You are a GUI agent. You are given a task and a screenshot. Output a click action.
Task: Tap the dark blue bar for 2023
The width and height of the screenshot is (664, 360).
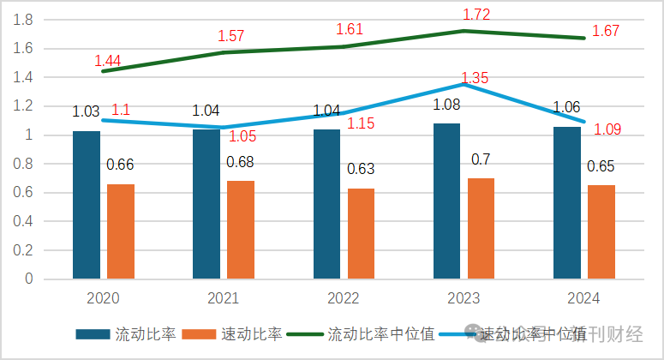pos(446,201)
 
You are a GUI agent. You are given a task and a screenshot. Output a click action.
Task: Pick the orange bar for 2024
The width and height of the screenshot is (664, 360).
pos(602,231)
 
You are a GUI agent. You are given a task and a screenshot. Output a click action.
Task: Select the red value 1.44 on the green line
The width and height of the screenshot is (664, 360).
pos(107,61)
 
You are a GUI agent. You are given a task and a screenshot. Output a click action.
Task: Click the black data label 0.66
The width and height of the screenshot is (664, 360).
pos(120,165)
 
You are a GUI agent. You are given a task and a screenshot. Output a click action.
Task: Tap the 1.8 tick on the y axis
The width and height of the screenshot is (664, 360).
pos(25,20)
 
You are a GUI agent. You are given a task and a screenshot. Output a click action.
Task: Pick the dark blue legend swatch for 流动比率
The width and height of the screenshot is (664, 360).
pos(93,334)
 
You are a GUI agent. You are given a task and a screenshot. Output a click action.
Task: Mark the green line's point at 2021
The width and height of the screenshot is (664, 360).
pos(224,52)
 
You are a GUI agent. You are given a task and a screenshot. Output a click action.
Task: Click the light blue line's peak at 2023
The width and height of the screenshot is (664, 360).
pos(464,84)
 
